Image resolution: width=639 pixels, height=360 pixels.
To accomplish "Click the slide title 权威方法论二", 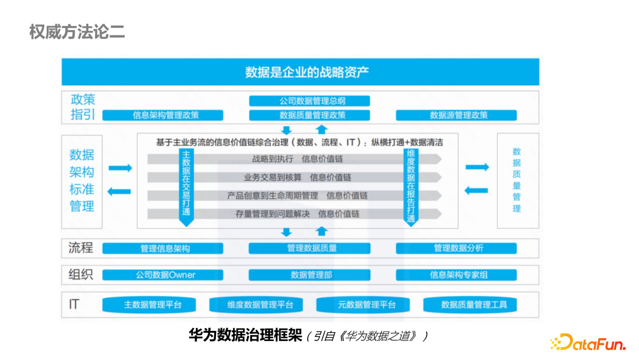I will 77,32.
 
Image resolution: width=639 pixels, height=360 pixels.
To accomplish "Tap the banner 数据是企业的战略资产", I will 300,72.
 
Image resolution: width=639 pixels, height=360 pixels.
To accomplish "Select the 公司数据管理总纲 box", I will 309,101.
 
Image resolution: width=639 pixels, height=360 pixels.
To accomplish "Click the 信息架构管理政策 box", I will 163,115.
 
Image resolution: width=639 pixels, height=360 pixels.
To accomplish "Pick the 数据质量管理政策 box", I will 309,115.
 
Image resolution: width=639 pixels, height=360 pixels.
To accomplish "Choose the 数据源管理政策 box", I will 456,115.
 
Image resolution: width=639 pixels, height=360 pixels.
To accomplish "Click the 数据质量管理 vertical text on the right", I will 517,181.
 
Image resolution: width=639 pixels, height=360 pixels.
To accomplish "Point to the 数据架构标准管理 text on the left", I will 82,181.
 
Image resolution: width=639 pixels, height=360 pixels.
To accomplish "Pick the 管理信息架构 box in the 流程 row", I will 163,249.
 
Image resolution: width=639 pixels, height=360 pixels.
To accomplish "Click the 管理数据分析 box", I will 456,249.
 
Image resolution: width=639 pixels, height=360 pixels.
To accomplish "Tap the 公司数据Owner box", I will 163,275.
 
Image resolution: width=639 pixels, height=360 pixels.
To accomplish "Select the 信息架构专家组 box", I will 456,275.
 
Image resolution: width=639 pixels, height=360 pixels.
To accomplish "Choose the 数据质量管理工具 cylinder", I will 473,305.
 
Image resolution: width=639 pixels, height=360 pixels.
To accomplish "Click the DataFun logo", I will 585,342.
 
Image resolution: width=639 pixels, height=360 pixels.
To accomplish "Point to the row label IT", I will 74,304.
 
